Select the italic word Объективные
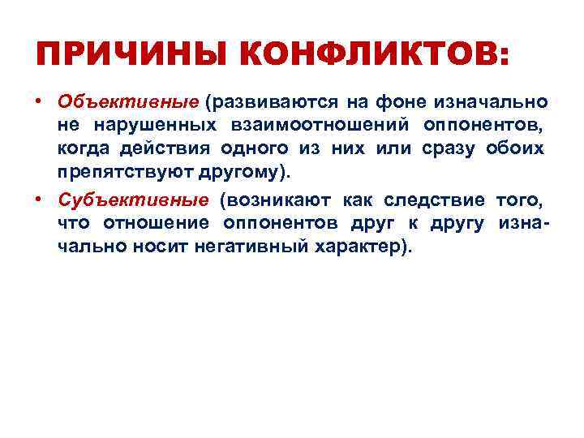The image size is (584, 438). (128, 103)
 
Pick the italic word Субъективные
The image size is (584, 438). (133, 200)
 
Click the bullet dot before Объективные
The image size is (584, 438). (38, 103)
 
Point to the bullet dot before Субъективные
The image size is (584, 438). (38, 200)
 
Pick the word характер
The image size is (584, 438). (358, 247)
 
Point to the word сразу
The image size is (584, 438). (449, 149)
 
